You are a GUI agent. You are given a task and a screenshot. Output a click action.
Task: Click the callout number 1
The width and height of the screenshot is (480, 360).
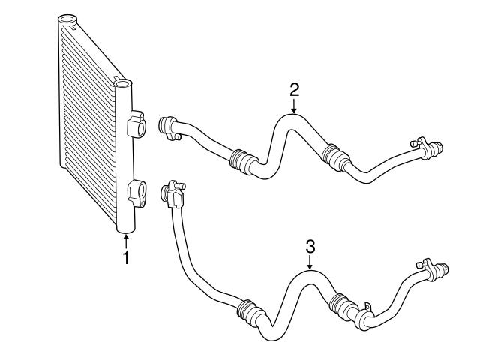126,258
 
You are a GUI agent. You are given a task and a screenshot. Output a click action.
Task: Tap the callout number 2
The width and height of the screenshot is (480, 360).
295,90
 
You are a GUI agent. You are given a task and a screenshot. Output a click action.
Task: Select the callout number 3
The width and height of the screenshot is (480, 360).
310,244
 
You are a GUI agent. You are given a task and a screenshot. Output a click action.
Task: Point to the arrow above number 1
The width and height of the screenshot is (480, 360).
126,240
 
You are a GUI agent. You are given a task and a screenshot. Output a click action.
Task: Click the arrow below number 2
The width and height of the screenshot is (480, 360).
295,107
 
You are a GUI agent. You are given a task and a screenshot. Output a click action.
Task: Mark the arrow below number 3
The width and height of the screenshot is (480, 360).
310,262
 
